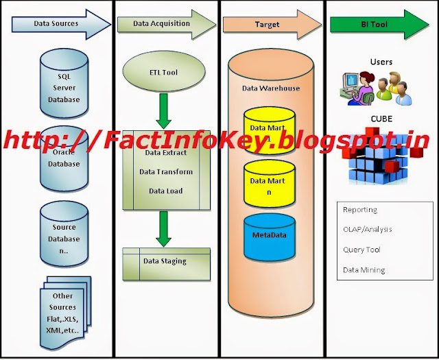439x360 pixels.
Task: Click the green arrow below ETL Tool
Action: tap(163, 108)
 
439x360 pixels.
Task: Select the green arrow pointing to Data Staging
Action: tap(163, 228)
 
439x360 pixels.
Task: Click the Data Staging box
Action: tap(165, 261)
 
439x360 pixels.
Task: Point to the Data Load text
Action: tap(165, 191)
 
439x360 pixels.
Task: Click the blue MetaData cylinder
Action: tap(270, 237)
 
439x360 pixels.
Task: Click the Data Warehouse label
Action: tap(271, 88)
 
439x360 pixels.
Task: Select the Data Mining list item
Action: tap(364, 270)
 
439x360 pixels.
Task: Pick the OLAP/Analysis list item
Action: tap(368, 230)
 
